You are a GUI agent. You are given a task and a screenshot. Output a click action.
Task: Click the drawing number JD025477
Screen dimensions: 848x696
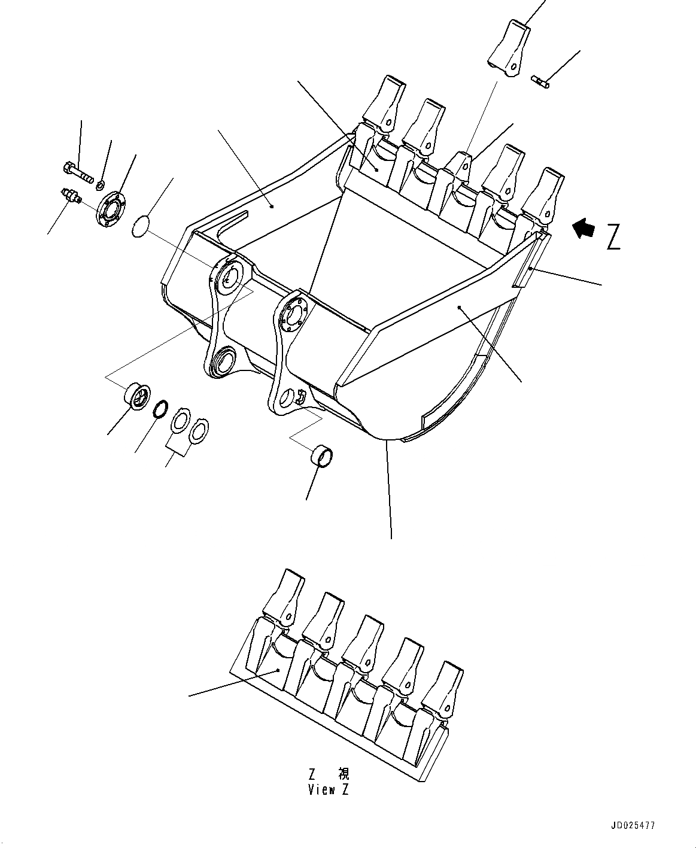[x=633, y=825]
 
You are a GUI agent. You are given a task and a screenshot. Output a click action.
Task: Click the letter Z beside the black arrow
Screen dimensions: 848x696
[x=613, y=237]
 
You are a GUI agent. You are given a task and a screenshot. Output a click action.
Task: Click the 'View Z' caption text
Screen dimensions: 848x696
[x=329, y=789]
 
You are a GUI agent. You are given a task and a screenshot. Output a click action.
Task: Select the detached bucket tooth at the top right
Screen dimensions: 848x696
[x=509, y=49]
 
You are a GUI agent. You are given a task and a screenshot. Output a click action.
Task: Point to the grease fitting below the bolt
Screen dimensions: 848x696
[x=71, y=196]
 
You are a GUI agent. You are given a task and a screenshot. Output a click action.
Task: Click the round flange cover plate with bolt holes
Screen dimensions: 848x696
[x=112, y=207]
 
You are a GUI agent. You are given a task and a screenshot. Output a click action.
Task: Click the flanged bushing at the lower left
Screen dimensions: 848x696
[x=136, y=397]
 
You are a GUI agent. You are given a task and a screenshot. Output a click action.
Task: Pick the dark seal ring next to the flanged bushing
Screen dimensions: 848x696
[x=160, y=409]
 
